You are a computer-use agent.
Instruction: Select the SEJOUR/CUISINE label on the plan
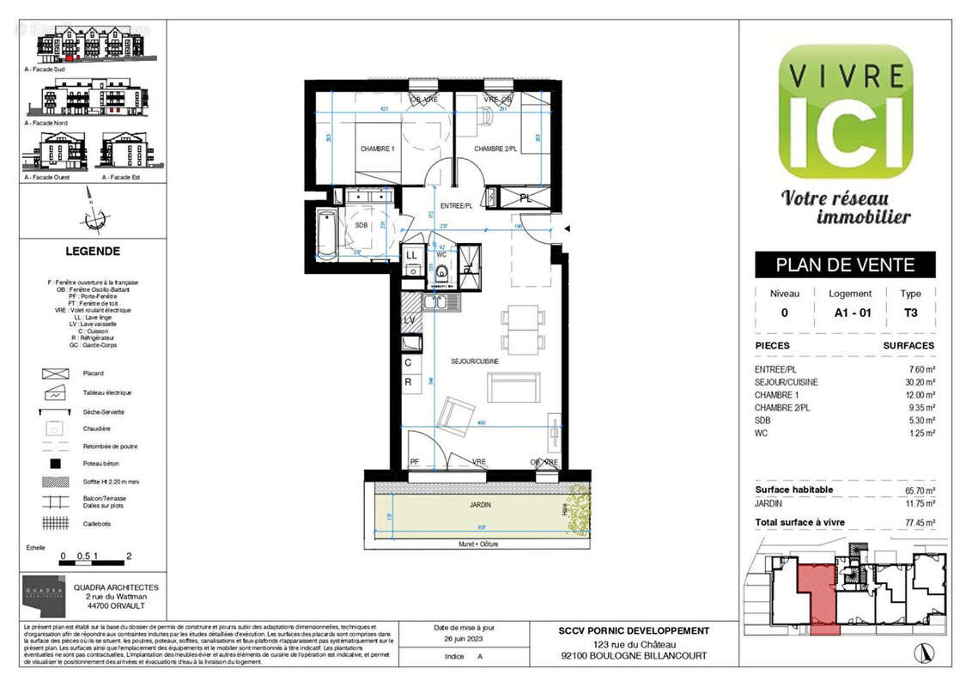(475, 362)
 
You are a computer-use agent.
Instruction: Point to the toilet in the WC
(442, 273)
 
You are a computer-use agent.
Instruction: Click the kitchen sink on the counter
(435, 302)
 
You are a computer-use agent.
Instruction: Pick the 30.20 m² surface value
(918, 382)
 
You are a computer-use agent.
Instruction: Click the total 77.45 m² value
(917, 522)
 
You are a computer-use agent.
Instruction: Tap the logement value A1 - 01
(852, 313)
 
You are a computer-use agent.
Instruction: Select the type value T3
(910, 313)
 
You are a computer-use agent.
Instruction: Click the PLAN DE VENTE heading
(845, 264)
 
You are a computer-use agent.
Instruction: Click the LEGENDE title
(93, 252)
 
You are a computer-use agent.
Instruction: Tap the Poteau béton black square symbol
(55, 464)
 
